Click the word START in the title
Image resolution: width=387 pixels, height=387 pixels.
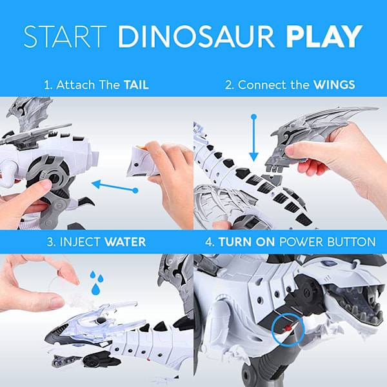pos(65,36)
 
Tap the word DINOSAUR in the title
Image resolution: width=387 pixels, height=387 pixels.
pos(197,36)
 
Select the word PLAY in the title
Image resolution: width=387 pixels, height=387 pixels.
pos(324,36)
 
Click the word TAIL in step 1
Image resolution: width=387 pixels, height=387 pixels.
pos(136,85)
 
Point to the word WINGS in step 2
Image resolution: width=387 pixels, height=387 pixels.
pos(334,85)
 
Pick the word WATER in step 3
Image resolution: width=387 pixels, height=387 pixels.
pos(125,242)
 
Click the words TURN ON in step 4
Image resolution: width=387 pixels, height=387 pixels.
pos(246,242)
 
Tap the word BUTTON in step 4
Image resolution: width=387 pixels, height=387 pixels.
pos(352,242)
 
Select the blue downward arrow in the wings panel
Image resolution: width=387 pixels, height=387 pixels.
pos(253,137)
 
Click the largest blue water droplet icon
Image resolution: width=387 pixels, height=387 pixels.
pos(95,289)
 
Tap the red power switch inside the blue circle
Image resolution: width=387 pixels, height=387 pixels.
pos(287,328)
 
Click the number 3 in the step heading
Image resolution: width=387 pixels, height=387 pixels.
pos(50,242)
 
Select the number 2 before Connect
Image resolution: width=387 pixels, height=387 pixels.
pos(229,85)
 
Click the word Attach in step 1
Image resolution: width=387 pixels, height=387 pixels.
pos(75,85)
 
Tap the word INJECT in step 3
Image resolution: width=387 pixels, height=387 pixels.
pos(80,242)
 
